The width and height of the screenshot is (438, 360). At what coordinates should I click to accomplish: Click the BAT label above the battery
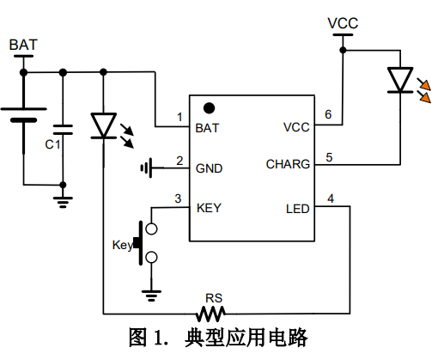pyautogui.click(x=24, y=44)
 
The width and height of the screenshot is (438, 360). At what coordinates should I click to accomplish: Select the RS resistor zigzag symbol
pyautogui.click(x=212, y=311)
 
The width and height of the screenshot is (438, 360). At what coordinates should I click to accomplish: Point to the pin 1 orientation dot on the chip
pyautogui.click(x=208, y=108)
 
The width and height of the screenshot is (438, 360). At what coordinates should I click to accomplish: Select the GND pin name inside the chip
pyautogui.click(x=210, y=168)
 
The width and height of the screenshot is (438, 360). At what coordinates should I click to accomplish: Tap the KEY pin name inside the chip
pyautogui.click(x=210, y=207)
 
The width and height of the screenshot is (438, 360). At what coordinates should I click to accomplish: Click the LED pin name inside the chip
pyautogui.click(x=297, y=208)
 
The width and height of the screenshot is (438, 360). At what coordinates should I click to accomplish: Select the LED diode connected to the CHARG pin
pyautogui.click(x=399, y=81)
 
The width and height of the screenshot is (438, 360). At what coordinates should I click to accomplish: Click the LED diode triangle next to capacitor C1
pyautogui.click(x=103, y=125)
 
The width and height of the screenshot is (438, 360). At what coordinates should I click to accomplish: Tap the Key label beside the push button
pyautogui.click(x=122, y=244)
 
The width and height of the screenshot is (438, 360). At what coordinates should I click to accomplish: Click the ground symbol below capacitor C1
pyautogui.click(x=62, y=202)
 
